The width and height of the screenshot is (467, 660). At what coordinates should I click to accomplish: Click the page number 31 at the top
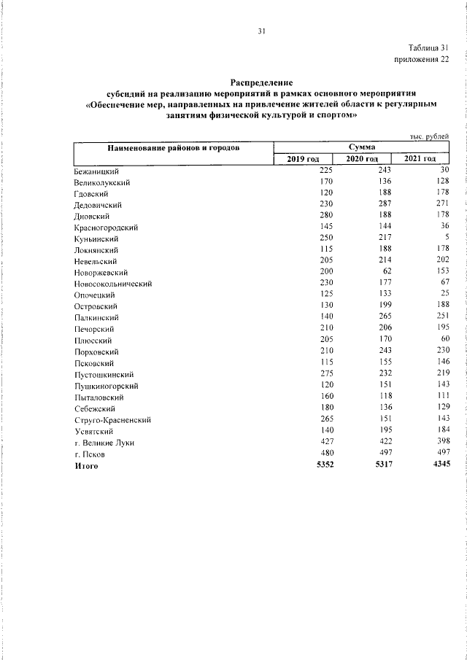tap(261, 31)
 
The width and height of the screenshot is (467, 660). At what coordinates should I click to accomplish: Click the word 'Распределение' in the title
tap(260, 84)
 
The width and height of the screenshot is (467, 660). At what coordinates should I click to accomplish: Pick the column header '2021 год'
tap(420, 159)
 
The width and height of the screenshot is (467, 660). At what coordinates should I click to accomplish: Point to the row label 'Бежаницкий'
tap(98, 170)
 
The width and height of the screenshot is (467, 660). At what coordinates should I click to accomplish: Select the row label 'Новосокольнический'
tap(112, 283)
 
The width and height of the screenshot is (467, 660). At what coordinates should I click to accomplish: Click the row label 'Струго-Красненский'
tap(112, 419)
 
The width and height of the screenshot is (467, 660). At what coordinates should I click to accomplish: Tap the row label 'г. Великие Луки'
tap(105, 442)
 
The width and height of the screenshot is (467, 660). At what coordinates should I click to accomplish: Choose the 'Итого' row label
tap(86, 465)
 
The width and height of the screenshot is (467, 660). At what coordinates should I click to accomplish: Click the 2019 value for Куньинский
tap(325, 238)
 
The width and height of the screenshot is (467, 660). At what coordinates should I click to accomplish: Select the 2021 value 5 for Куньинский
tap(444, 238)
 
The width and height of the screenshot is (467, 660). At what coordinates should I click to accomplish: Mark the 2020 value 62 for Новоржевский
tap(387, 272)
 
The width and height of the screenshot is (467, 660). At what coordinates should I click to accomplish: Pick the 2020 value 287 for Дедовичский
tap(382, 204)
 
